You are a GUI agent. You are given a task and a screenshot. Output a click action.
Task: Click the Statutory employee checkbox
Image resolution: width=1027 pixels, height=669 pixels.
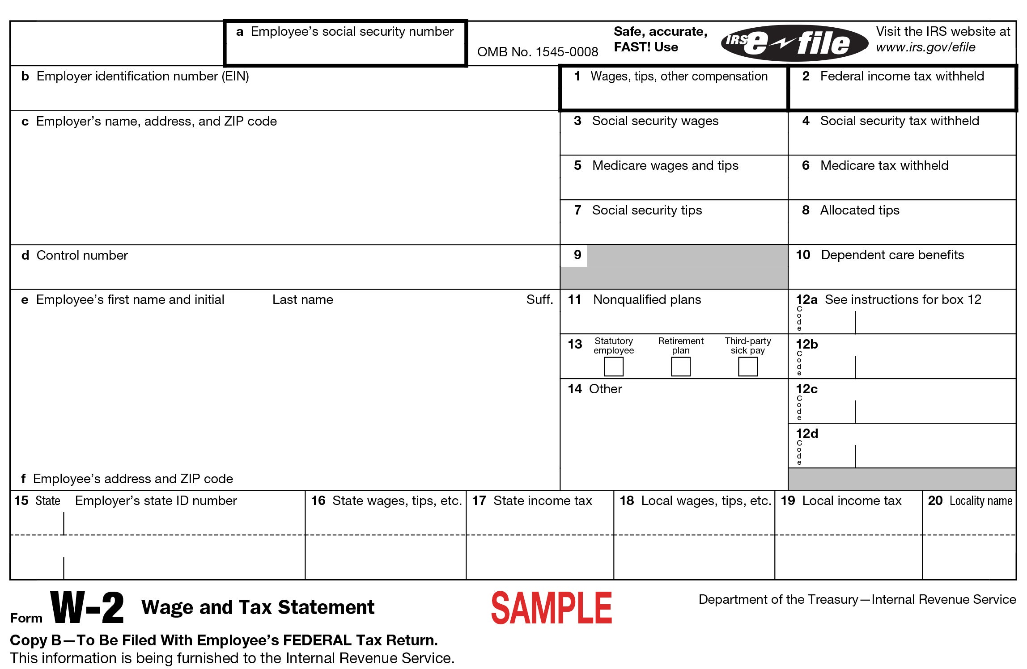pyautogui.click(x=613, y=367)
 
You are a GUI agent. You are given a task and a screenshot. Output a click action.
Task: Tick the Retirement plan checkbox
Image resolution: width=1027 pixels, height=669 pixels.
pyautogui.click(x=680, y=367)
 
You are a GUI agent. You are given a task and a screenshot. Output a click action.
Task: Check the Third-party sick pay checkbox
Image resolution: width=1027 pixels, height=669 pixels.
pyautogui.click(x=747, y=367)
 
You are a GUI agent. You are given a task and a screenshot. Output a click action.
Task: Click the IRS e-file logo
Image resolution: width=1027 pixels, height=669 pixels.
pyautogui.click(x=794, y=43)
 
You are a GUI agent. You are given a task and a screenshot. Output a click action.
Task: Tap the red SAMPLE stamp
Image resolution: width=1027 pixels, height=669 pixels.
pyautogui.click(x=552, y=608)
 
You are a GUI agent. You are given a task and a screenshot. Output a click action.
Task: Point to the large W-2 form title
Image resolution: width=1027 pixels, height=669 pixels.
pyautogui.click(x=87, y=608)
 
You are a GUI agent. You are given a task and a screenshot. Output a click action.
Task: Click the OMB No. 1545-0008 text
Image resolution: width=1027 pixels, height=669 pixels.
pyautogui.click(x=537, y=52)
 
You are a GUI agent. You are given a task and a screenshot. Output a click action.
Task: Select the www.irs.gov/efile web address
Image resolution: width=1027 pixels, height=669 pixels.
pyautogui.click(x=925, y=47)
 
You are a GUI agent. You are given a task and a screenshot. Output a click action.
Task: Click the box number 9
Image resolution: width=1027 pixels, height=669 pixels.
pyautogui.click(x=577, y=255)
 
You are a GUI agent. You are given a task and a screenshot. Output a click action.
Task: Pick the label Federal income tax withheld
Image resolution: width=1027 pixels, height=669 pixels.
pyautogui.click(x=902, y=76)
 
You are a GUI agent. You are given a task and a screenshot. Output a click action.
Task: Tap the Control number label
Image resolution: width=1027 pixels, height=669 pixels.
pyautogui.click(x=82, y=255)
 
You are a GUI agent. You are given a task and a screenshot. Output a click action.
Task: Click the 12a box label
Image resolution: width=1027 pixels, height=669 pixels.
pyautogui.click(x=806, y=299)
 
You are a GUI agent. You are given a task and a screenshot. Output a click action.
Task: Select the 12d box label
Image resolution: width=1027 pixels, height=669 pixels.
pyautogui.click(x=806, y=433)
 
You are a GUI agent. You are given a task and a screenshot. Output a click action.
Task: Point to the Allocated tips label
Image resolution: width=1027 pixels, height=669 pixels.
pyautogui.click(x=859, y=210)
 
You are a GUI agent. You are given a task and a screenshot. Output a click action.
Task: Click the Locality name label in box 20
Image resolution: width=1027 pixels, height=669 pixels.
pyautogui.click(x=980, y=501)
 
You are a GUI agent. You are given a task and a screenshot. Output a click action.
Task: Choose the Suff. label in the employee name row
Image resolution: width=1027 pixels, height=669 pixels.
pyautogui.click(x=539, y=299)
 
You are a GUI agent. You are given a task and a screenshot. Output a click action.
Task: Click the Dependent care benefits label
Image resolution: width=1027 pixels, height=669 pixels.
pyautogui.click(x=892, y=255)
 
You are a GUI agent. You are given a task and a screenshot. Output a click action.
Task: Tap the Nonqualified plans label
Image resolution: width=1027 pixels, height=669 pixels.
pyautogui.click(x=647, y=299)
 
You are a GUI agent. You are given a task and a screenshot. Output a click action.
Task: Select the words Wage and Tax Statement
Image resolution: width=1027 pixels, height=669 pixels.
pyautogui.click(x=258, y=607)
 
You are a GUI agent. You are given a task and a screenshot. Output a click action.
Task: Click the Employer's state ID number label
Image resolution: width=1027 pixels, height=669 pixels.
pyautogui.click(x=156, y=501)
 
